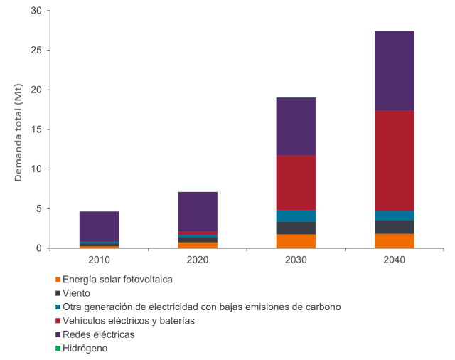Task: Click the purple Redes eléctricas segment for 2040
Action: click(395, 70)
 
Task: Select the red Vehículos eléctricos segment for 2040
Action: click(395, 160)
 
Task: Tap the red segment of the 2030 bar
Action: click(296, 182)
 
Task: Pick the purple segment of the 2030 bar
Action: click(296, 126)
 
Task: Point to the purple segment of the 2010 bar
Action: click(99, 226)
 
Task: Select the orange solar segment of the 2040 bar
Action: click(395, 240)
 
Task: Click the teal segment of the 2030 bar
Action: click(296, 216)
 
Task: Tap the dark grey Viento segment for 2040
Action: click(395, 227)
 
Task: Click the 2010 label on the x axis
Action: click(99, 260)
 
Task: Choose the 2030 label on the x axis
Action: click(296, 260)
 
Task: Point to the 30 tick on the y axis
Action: click(37, 11)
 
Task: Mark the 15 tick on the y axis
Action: click(37, 129)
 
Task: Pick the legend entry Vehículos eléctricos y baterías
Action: click(129, 321)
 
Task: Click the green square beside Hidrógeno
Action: click(58, 349)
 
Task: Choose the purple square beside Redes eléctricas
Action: click(58, 334)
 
